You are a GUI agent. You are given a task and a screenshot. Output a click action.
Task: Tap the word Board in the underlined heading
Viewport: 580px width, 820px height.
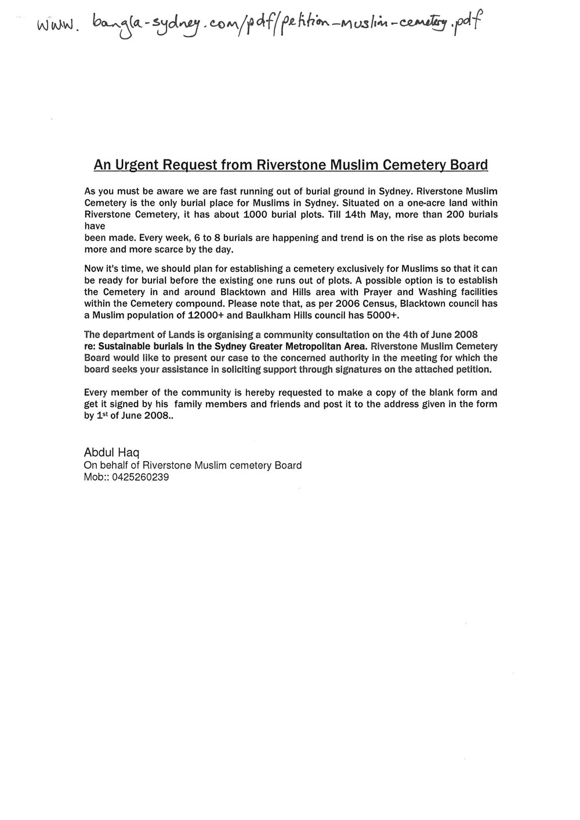point(467,165)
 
